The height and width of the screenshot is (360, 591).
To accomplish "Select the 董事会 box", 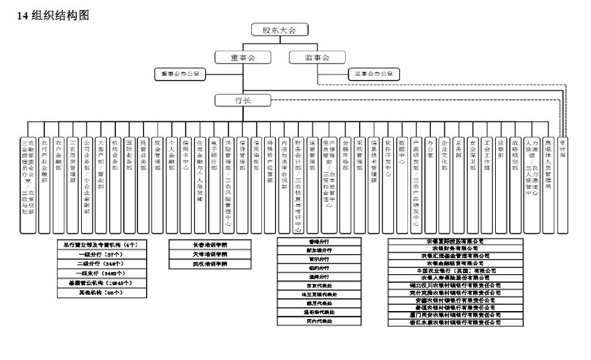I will (x=243, y=58).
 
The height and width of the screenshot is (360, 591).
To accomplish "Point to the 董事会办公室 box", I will (x=180, y=73).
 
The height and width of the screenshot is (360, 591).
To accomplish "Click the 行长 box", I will (x=243, y=101).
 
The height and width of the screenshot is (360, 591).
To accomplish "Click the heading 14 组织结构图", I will (x=53, y=15).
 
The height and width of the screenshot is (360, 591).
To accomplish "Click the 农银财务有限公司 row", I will (x=445, y=248).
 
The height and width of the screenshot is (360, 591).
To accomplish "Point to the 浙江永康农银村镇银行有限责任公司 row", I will (x=445, y=322).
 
